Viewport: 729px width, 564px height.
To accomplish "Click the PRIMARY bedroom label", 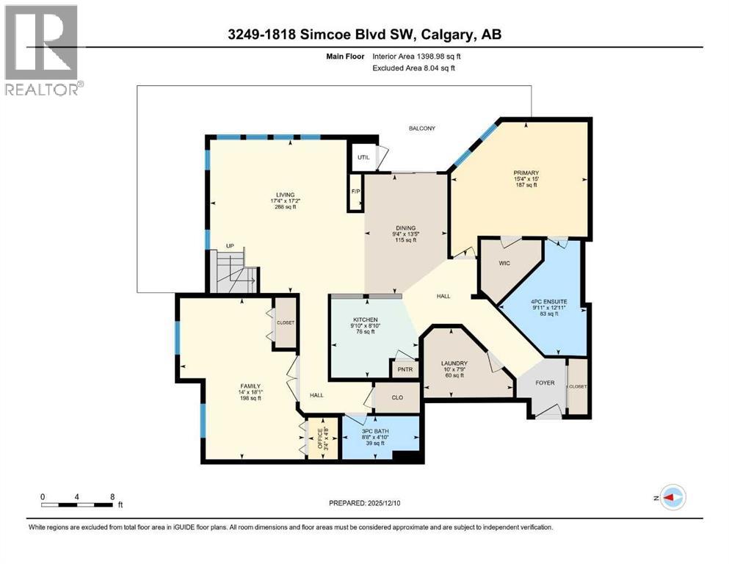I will [526, 173].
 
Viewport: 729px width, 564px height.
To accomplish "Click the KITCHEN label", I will [364, 319].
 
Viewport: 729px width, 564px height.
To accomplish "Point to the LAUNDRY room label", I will [454, 363].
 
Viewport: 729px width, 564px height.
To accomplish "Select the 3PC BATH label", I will [377, 430].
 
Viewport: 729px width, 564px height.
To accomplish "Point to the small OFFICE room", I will [319, 439].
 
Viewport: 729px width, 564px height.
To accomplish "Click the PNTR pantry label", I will [404, 370].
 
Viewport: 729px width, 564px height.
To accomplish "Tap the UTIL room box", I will [363, 157].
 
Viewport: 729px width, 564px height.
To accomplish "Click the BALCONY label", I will [422, 129].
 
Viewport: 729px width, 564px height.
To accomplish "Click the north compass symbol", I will [671, 497].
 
